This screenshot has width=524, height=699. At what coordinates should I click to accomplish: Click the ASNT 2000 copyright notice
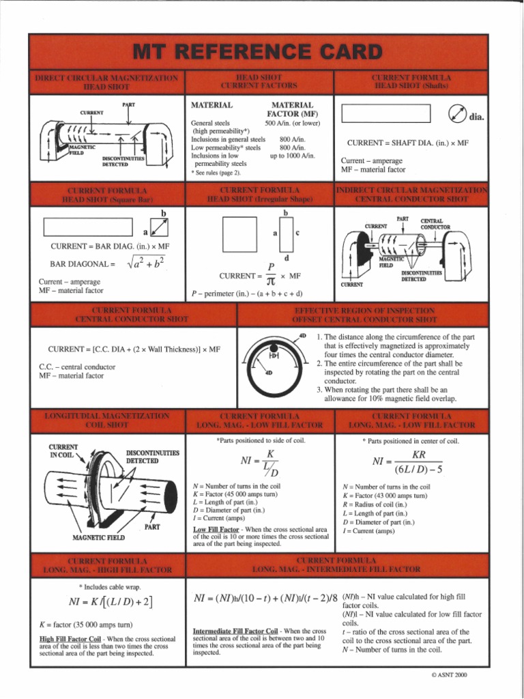[x=448, y=674]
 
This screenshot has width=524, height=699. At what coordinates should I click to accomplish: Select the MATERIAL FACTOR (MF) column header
[x=292, y=109]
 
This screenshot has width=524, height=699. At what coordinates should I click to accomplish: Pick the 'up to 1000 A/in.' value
[x=293, y=156]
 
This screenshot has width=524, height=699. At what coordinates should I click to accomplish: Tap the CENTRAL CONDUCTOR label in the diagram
[x=436, y=224]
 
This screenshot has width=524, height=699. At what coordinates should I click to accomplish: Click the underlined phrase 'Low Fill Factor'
[x=216, y=529]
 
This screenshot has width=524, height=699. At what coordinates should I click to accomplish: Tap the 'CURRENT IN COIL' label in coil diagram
[x=64, y=451]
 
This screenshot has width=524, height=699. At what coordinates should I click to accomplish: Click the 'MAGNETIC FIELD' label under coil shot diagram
[x=98, y=537]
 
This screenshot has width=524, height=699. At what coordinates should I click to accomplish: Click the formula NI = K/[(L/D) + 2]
[x=111, y=602]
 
